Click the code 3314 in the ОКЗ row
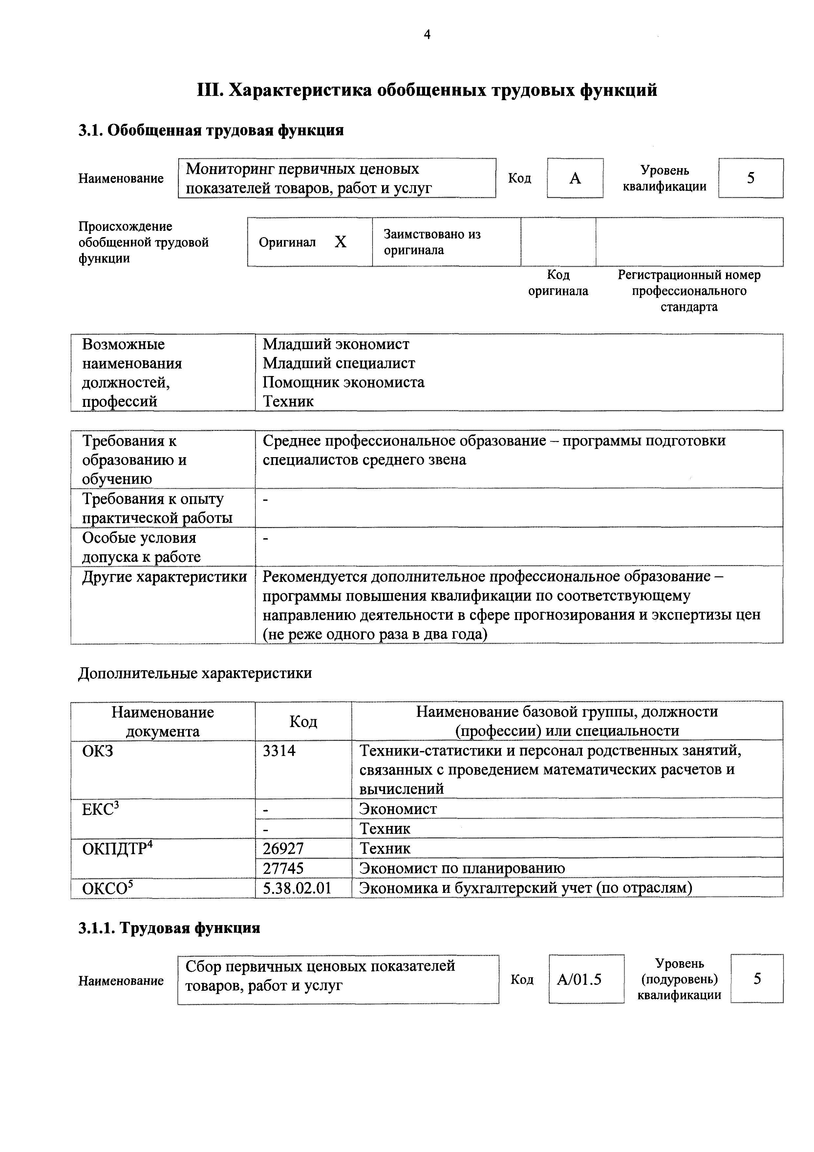279,751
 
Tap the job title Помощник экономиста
344,382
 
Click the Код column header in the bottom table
303,721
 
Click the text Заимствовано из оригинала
432,242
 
